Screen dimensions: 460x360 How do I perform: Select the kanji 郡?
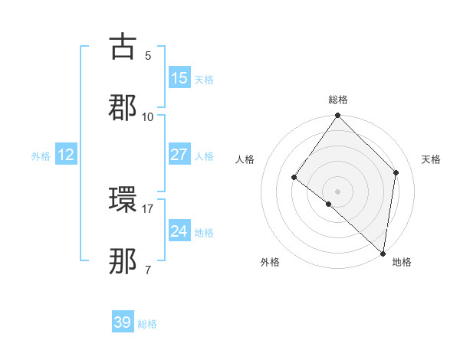(x=123, y=108)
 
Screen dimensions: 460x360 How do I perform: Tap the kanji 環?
(x=123, y=201)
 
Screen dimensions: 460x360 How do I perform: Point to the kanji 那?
(x=123, y=262)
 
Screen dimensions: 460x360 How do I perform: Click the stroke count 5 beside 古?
(x=148, y=55)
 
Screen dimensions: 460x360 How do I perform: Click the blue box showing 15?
(x=179, y=78)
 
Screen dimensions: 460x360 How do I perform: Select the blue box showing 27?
(x=179, y=155)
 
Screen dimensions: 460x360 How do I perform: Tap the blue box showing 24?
(x=179, y=231)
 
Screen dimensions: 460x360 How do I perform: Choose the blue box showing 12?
(x=66, y=155)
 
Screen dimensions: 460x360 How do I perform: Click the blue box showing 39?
(x=123, y=322)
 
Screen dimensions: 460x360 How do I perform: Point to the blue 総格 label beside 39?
(x=148, y=324)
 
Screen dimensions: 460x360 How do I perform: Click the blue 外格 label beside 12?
(x=41, y=156)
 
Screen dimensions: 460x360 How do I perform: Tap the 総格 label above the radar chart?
(x=338, y=100)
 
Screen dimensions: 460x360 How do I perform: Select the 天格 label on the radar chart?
(x=432, y=159)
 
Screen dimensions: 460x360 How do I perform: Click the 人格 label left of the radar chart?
(x=245, y=159)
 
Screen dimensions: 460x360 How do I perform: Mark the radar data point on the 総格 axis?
(x=338, y=116)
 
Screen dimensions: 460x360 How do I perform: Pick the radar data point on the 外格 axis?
(x=329, y=204)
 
